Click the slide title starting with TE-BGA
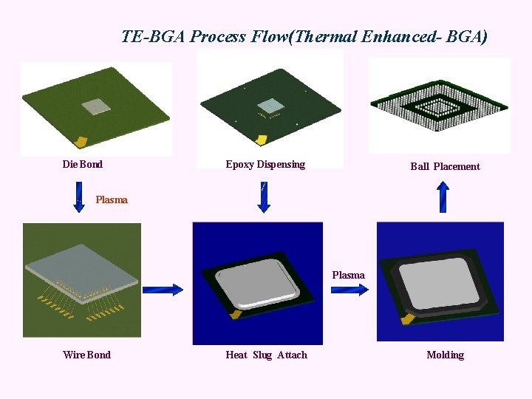(304, 36)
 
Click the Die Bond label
(82, 164)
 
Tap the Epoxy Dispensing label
(265, 164)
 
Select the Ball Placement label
(445, 166)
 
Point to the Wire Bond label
(86, 355)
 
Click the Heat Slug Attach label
(266, 355)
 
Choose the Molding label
(445, 355)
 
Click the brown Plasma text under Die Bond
(112, 199)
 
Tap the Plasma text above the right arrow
(348, 275)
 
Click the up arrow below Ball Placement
(443, 197)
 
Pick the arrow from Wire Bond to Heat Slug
(162, 290)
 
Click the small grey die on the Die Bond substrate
(95, 108)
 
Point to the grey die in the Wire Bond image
(81, 265)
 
